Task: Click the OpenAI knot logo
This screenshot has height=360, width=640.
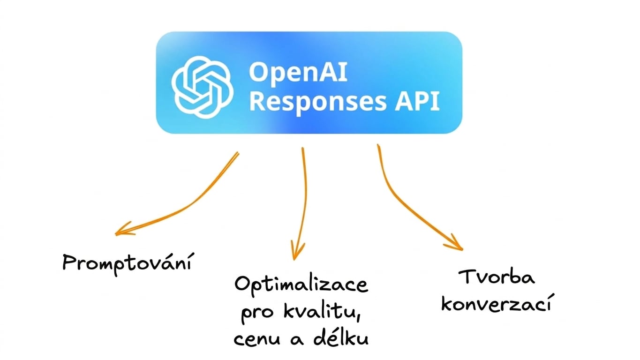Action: (202, 87)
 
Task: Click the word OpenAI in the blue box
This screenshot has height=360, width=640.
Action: (298, 73)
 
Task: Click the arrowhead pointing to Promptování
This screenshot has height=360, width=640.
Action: (123, 230)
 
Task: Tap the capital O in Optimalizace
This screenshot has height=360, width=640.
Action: (243, 284)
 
